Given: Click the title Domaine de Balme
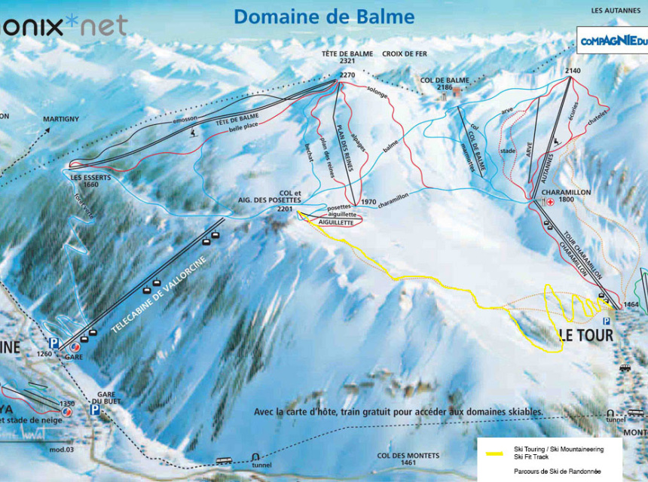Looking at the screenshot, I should tap(324, 17).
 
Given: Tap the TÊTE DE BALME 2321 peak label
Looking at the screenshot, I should tap(337, 58).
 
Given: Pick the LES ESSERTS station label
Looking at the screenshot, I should tap(81, 178).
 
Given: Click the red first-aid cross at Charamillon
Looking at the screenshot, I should tap(550, 202).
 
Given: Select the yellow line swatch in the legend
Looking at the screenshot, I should tap(495, 453).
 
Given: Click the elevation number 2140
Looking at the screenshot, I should tap(573, 71).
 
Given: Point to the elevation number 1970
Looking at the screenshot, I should tap(368, 202).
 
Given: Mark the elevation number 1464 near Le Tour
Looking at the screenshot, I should tap(631, 304).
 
